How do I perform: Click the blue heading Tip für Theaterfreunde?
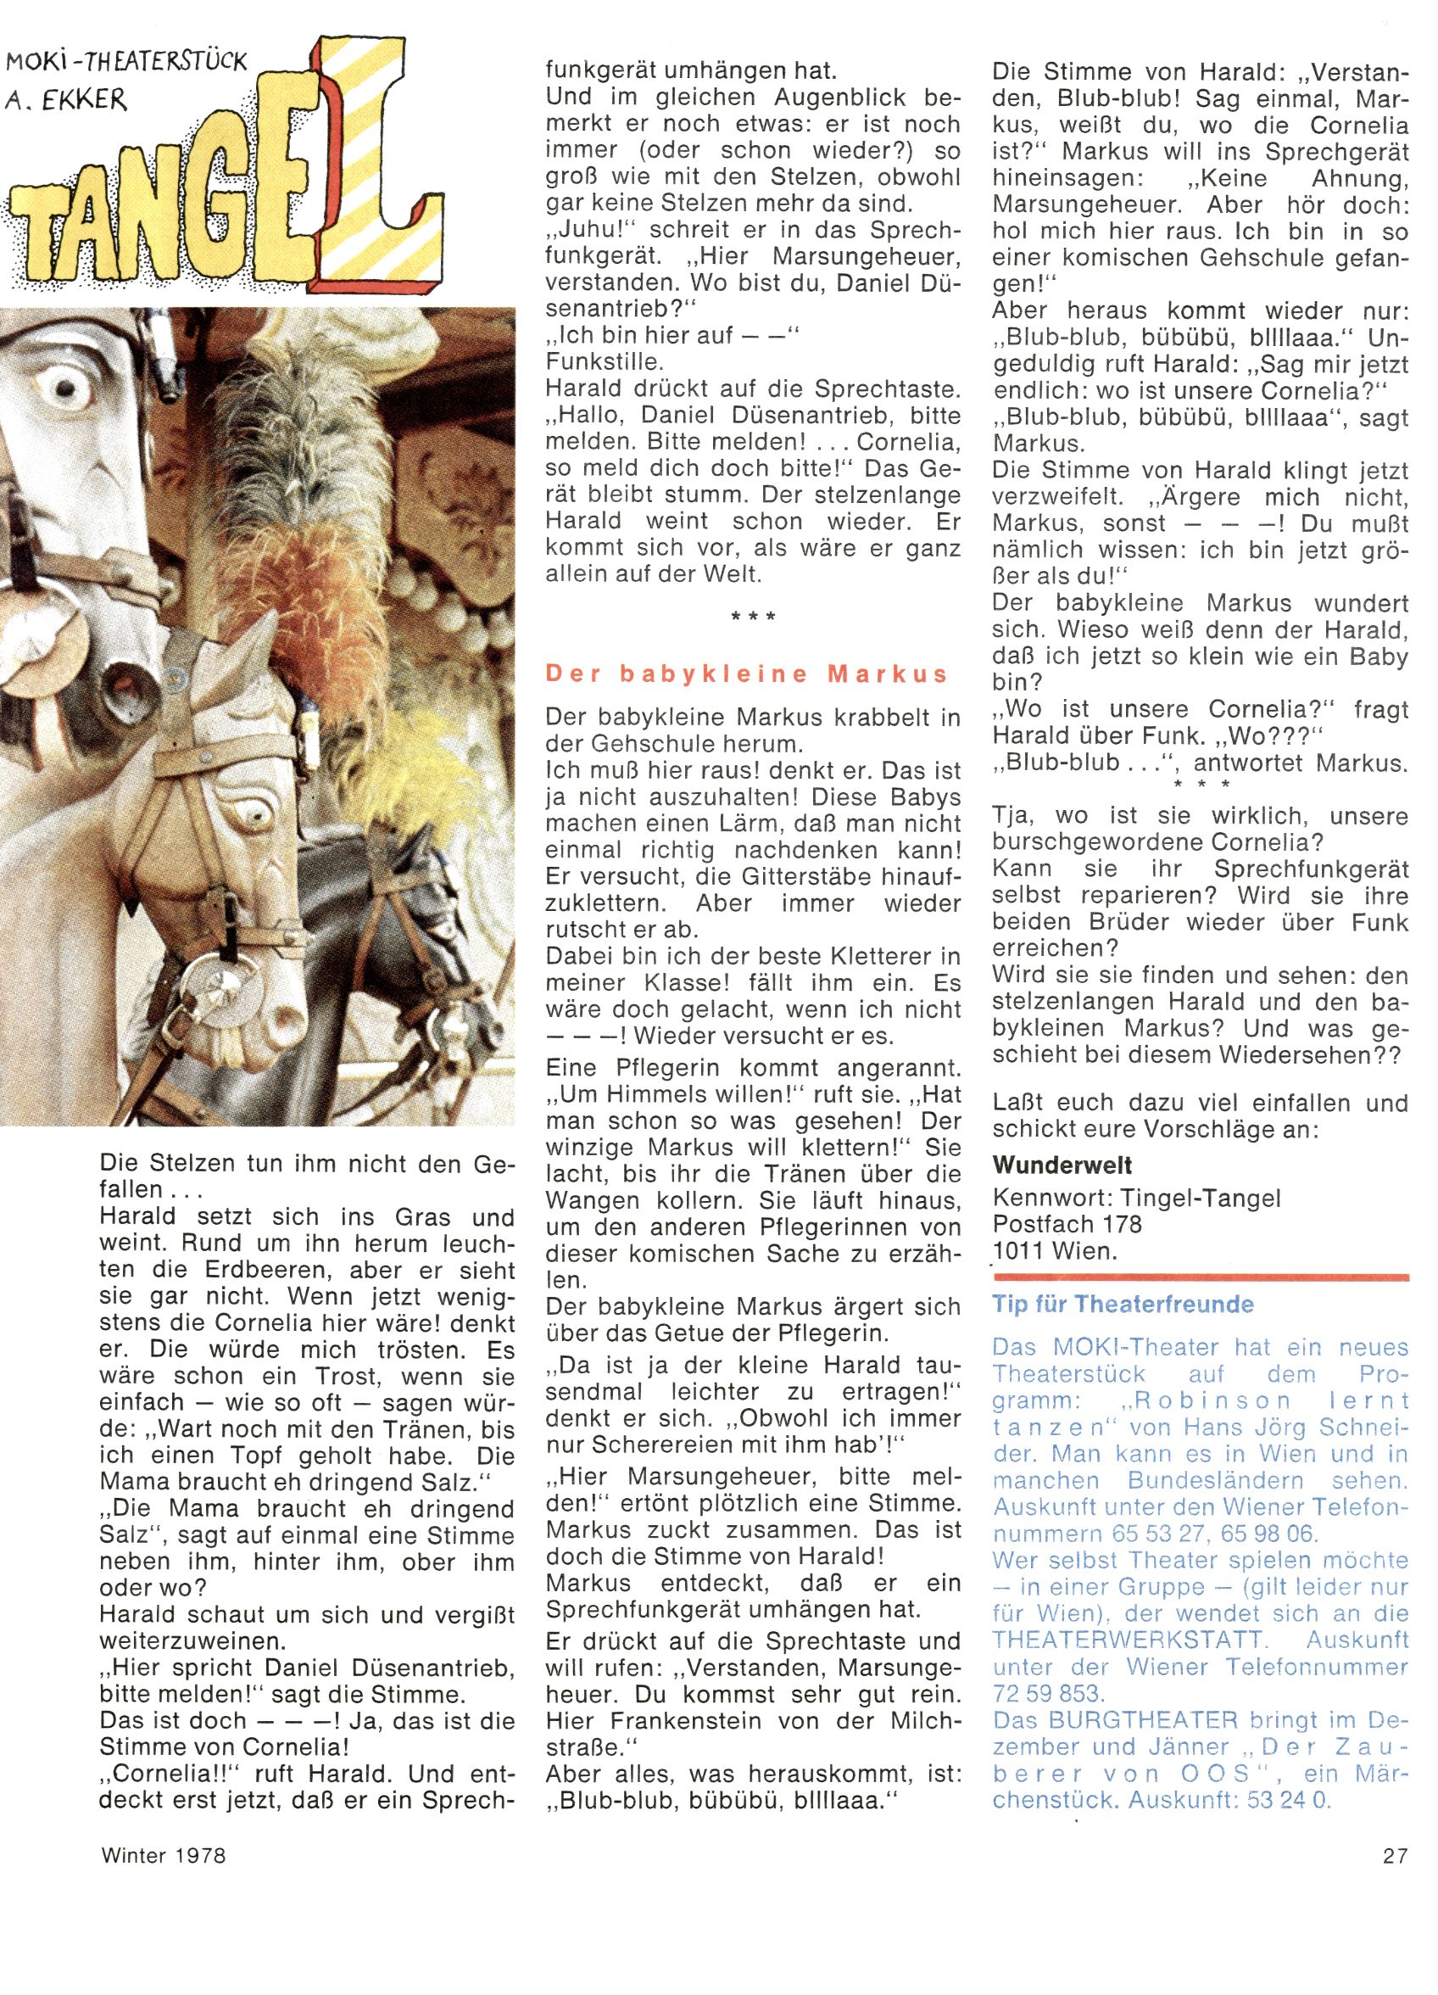click(1123, 1304)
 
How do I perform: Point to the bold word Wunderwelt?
click(1062, 1165)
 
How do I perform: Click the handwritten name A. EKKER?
click(66, 99)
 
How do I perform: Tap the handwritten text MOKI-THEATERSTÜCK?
click(126, 62)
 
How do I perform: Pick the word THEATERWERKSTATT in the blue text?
click(1129, 1640)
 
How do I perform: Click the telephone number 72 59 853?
click(1046, 1693)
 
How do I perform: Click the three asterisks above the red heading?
click(753, 617)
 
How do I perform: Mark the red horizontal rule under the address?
click(1201, 1277)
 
